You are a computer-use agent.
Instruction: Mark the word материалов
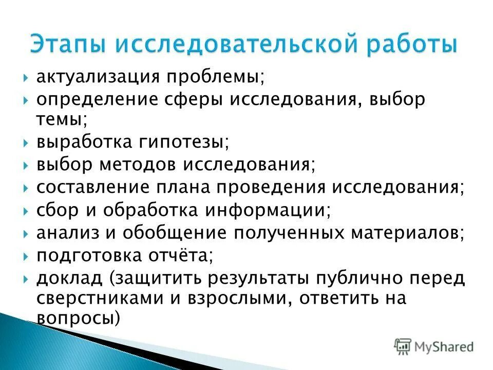point(407,233)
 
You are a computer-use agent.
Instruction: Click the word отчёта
point(183,255)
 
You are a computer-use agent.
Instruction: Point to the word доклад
point(69,278)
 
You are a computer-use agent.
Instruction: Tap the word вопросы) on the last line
point(78,318)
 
